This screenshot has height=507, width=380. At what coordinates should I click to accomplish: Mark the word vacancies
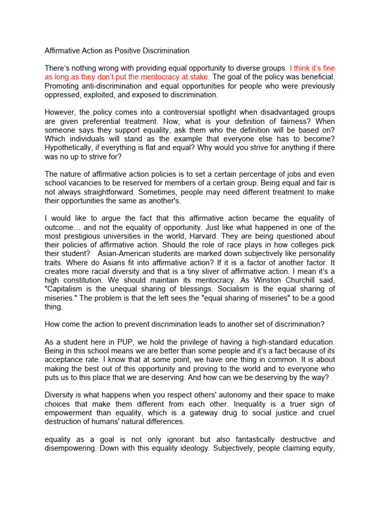(x=85, y=183)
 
